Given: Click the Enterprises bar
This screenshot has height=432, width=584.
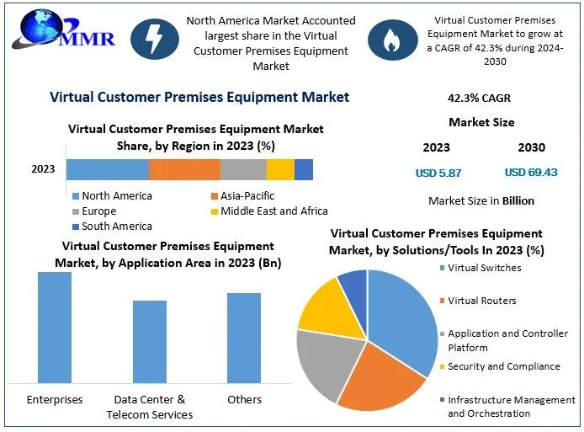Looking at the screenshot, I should (55, 328).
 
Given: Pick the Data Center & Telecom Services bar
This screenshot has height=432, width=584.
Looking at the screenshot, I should (150, 342).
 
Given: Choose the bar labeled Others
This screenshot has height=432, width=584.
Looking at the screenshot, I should (244, 338).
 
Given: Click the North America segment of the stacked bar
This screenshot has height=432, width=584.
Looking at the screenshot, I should (108, 169).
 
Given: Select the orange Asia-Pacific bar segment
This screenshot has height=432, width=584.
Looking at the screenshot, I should (184, 169).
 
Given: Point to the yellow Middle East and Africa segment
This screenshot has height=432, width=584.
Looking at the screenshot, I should (280, 169).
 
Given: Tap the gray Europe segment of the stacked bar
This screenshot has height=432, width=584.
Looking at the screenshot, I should (243, 169).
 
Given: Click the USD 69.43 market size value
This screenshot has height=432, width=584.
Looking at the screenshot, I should (531, 173).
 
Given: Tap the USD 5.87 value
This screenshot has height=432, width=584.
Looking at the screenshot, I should (438, 173).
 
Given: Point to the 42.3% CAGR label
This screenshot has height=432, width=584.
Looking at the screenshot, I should (479, 99).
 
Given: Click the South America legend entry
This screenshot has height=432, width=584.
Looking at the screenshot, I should (112, 227).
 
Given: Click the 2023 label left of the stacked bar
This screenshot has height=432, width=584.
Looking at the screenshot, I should (43, 169).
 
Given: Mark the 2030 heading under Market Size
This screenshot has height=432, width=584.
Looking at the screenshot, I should (531, 147).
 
